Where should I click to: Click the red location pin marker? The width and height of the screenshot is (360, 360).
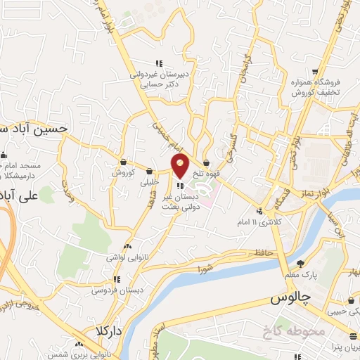click(x=181, y=166)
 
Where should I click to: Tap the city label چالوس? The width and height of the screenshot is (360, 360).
click(x=290, y=299)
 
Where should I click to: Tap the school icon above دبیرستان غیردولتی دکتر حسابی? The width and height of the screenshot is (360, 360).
click(x=160, y=63)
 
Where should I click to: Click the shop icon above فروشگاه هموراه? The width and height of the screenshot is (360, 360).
click(x=316, y=72)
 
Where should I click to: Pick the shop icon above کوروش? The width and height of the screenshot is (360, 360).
click(x=123, y=162)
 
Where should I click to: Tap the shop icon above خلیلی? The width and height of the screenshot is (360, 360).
click(x=150, y=171)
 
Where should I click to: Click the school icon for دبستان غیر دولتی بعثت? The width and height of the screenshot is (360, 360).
click(x=181, y=186)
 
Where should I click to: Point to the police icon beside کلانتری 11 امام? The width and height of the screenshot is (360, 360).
click(x=259, y=211)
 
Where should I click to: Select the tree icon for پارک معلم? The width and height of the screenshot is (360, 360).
click(x=301, y=263)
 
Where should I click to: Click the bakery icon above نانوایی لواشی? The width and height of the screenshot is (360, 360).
click(x=127, y=247)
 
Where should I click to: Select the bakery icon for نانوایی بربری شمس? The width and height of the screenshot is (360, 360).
click(x=79, y=344)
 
